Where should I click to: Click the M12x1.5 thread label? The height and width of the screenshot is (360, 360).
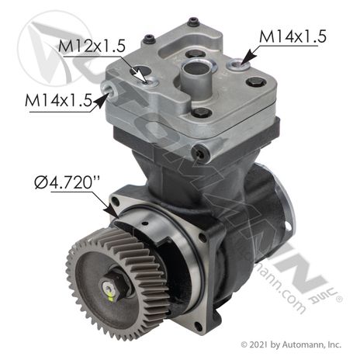(x=92, y=46)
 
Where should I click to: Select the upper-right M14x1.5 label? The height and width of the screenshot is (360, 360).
(x=292, y=36)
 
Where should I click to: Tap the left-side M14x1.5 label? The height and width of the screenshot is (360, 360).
(x=58, y=100)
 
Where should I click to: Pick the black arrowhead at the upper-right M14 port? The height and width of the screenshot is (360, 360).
(x=247, y=57)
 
